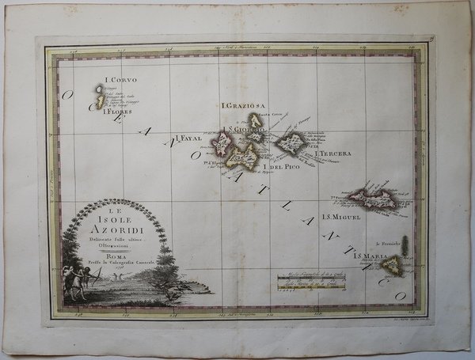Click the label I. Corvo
pyautogui.click(x=115, y=80)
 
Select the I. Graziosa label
pyautogui.click(x=245, y=106)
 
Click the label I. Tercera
pyautogui.click(x=332, y=153)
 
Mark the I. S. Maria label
pyautogui.click(x=370, y=257)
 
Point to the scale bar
pyautogui.click(x=310, y=279)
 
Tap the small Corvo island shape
pyautogui.click(x=100, y=91)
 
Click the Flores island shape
pyautogui.click(x=101, y=102)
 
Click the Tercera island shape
pyautogui.click(x=292, y=143)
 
